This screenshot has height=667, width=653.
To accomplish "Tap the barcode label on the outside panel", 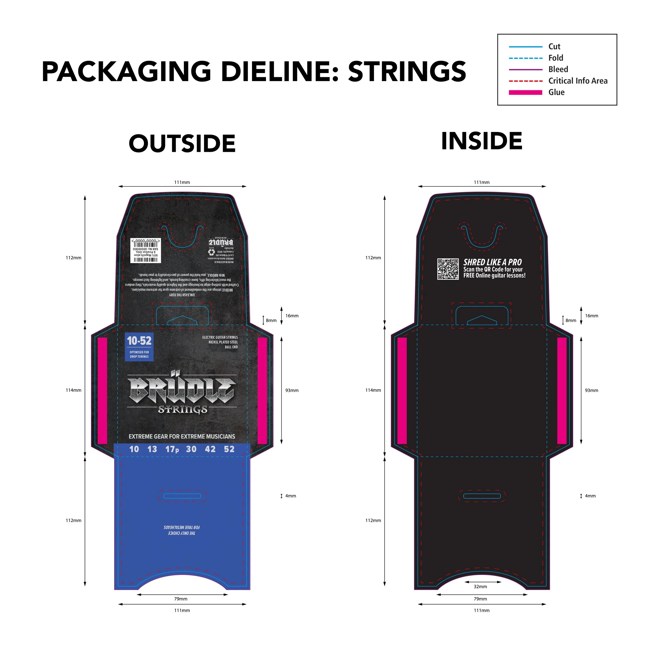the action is click(145, 250).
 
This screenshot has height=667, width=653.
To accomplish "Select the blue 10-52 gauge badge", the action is click(139, 347).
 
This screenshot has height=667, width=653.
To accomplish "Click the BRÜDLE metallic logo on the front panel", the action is click(182, 390).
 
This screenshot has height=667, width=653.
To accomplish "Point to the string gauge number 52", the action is click(229, 449).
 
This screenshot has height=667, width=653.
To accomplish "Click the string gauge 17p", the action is click(172, 449).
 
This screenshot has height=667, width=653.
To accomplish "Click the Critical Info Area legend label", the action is click(578, 81).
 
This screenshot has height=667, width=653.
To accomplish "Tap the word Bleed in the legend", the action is click(558, 69).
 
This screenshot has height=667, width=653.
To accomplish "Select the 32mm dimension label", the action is click(480, 586).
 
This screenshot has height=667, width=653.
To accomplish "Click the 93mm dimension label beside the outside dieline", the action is click(292, 390).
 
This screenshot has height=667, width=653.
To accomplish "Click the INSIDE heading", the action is click(481, 141).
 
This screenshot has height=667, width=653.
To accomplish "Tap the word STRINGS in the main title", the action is click(407, 71).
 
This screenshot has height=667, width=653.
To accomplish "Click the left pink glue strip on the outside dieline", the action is click(102, 390).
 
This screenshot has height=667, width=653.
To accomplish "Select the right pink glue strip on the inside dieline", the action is click(562, 390).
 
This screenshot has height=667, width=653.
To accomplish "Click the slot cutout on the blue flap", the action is click(182, 496).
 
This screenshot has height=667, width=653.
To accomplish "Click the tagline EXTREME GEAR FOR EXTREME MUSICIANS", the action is click(182, 436).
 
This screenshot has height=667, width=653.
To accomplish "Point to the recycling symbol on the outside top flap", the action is click(212, 252).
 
